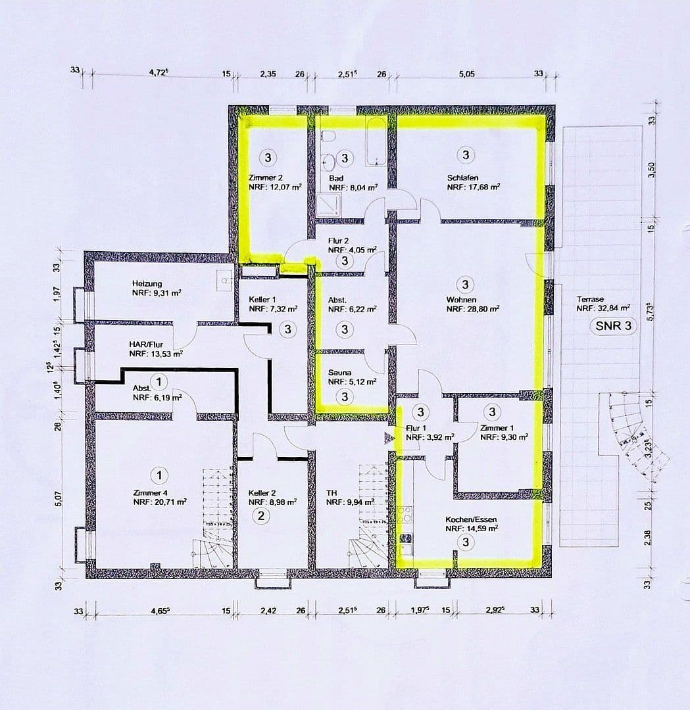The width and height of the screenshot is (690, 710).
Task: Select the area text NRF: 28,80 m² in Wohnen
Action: point(472,308)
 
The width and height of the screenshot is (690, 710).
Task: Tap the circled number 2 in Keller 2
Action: point(261,515)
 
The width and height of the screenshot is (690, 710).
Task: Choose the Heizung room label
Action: point(147,284)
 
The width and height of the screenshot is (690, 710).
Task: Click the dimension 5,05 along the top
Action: point(466,74)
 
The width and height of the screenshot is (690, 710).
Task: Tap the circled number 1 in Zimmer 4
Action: point(159,474)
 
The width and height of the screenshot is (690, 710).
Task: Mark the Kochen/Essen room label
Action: point(470,519)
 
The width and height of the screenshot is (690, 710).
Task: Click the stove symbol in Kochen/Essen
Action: point(406,513)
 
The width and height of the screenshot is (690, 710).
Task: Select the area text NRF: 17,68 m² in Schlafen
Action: point(473,187)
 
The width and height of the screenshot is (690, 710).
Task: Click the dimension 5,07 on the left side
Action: point(58,500)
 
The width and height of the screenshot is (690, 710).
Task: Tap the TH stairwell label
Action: point(332,492)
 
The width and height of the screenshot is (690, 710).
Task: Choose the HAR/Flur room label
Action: point(146,344)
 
